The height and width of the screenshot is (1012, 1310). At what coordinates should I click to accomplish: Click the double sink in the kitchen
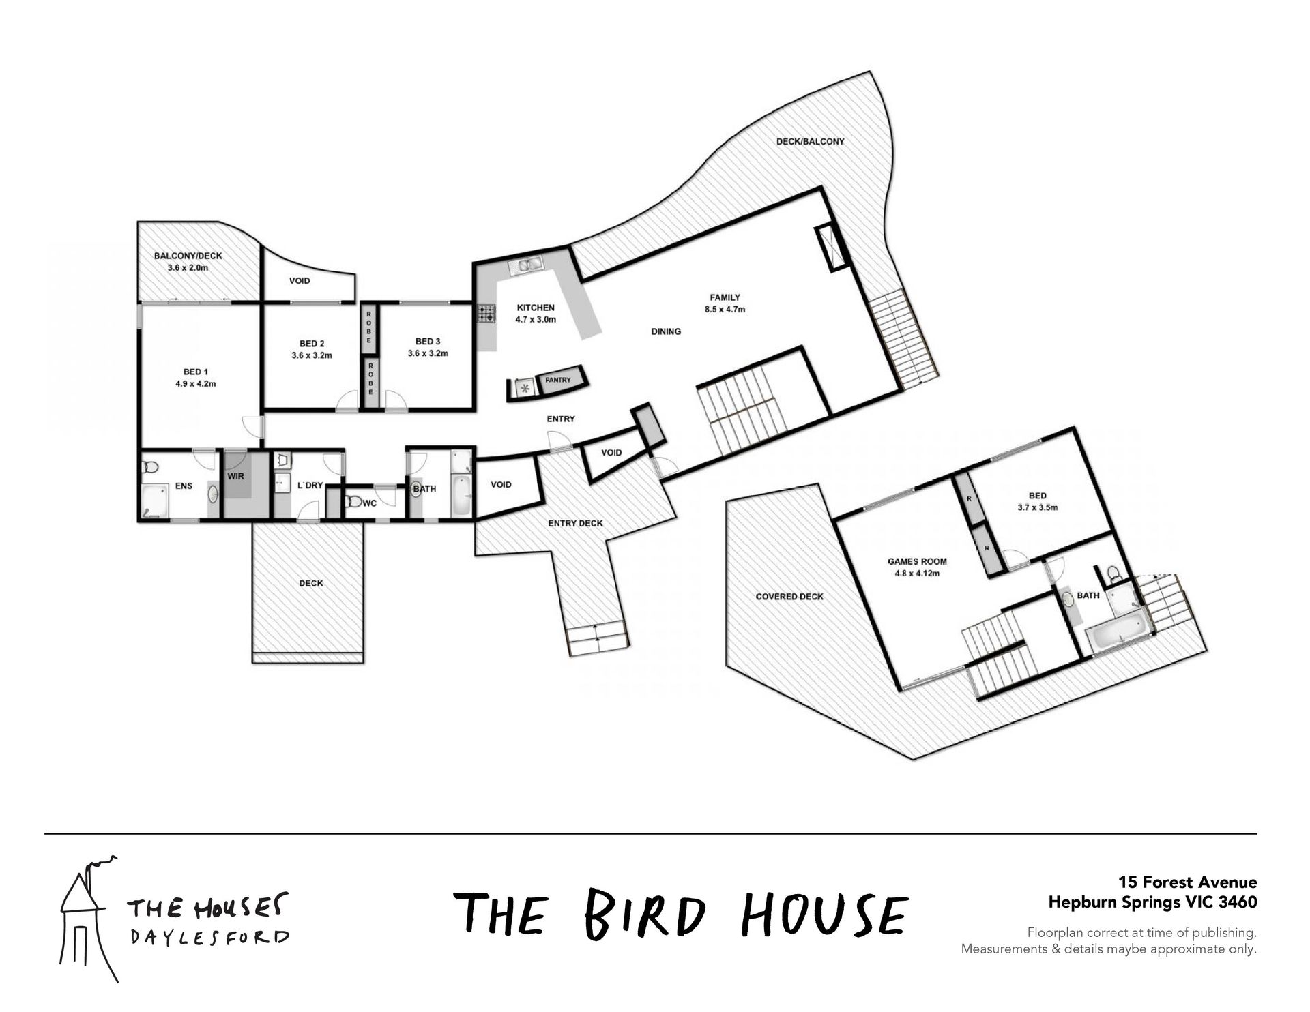(x=526, y=265)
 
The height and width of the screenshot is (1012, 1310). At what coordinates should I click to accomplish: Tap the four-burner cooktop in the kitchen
(x=486, y=314)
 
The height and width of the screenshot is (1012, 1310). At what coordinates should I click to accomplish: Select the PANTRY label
(x=558, y=380)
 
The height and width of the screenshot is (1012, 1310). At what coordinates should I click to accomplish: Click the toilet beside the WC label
(x=353, y=502)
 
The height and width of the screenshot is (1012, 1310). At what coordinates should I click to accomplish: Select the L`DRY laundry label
(x=310, y=486)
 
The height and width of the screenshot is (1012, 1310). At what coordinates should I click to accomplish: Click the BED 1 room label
(x=196, y=372)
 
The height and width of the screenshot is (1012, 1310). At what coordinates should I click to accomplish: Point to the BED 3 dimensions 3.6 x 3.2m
(x=428, y=353)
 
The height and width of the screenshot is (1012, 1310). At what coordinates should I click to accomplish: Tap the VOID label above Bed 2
(x=300, y=280)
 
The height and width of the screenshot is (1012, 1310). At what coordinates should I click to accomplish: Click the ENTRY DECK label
(x=576, y=523)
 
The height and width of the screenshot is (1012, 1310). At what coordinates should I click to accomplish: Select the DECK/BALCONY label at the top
(x=811, y=141)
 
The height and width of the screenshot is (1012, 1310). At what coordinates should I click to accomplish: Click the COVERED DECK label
(x=789, y=596)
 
